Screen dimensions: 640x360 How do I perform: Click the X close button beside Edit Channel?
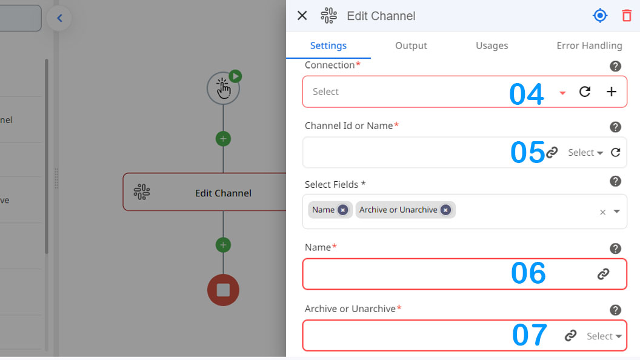coord(302,16)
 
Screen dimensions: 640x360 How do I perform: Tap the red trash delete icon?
coord(627,16)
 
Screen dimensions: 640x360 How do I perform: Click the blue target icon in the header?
coord(600,16)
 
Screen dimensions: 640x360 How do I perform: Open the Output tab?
coord(411,45)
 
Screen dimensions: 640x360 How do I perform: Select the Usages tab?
coord(492,45)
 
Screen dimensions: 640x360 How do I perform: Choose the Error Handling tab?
coord(589,45)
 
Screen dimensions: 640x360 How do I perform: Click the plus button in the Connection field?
coord(611,92)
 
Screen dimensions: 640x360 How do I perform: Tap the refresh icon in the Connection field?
coord(585,92)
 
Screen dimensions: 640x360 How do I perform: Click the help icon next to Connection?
coord(616,66)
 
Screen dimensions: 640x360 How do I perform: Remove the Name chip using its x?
coord(343,210)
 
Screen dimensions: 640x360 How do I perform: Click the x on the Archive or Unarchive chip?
coord(445,210)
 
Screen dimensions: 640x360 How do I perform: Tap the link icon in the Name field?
coord(603,274)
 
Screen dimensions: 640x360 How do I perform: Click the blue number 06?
coord(528,273)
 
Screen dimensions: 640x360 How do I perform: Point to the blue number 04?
coord(527,95)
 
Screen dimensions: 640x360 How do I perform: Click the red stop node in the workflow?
coord(223,290)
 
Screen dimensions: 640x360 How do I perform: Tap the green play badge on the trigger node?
coord(235,76)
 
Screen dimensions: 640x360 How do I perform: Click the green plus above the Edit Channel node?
coord(223,139)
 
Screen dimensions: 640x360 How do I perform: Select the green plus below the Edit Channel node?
coord(223,245)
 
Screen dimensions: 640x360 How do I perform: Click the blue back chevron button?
coord(59,18)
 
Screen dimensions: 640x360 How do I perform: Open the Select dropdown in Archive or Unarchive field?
coord(604,336)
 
